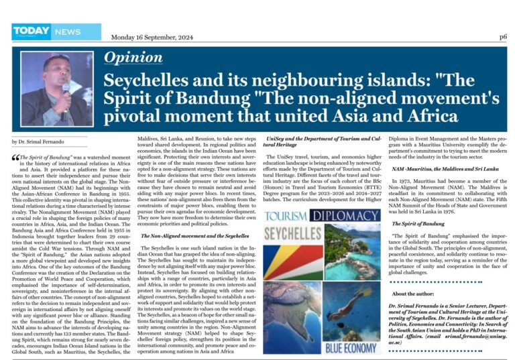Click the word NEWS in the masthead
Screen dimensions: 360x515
point(68,32)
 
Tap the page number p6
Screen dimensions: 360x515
point(502,37)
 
